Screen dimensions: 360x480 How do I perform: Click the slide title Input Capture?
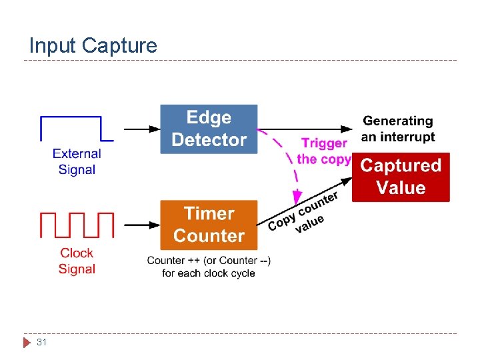click(93, 45)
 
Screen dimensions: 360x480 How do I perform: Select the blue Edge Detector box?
click(209, 129)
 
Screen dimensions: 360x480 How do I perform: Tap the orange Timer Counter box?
click(209, 225)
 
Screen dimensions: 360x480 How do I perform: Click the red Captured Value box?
click(401, 177)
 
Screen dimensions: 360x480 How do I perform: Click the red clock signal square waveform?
click(77, 225)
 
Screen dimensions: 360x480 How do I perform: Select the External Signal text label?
click(77, 161)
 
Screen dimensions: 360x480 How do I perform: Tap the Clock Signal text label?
click(77, 261)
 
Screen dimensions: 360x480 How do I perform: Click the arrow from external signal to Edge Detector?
click(142, 129)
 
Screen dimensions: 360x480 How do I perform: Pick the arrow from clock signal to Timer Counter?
click(142, 225)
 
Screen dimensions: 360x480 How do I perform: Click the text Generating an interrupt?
click(398, 129)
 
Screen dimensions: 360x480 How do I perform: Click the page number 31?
click(41, 342)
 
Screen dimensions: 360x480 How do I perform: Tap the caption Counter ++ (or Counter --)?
click(209, 260)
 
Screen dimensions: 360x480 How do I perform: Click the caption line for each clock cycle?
click(209, 273)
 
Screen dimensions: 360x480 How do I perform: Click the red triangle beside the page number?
click(27, 343)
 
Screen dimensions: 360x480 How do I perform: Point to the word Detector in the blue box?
click(209, 140)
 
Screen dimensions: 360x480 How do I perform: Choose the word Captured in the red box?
click(401, 166)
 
